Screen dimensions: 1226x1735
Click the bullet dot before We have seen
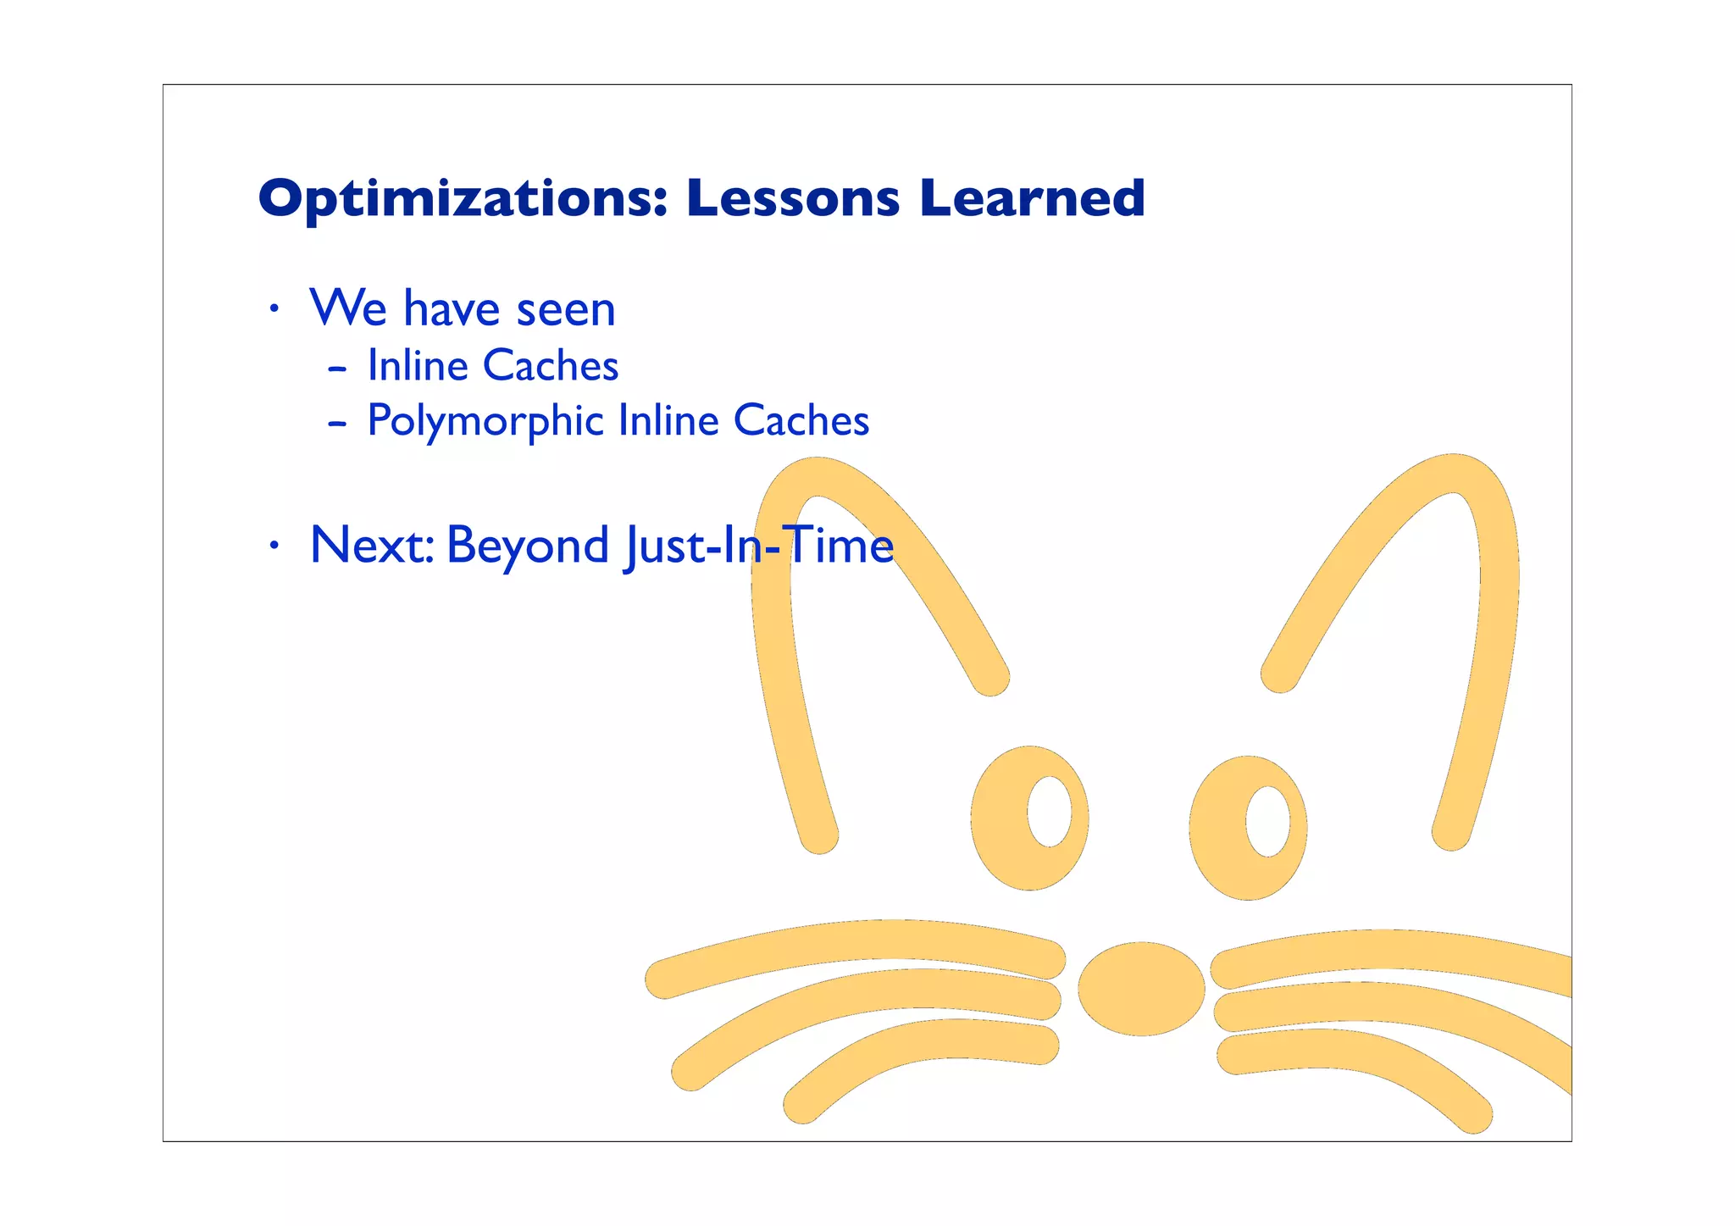pyautogui.click(x=273, y=310)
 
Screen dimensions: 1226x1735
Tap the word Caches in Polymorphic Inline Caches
pyautogui.click(x=801, y=421)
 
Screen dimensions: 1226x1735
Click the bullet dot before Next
pyautogui.click(x=273, y=546)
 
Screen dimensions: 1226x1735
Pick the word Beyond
pyautogui.click(x=527, y=546)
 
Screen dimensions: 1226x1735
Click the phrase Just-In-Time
pyautogui.click(x=758, y=546)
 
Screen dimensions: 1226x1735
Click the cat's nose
pyautogui.click(x=1140, y=988)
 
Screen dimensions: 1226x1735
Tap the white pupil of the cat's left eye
pyautogui.click(x=1049, y=811)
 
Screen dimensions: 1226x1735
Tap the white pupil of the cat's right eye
pyautogui.click(x=1267, y=821)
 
